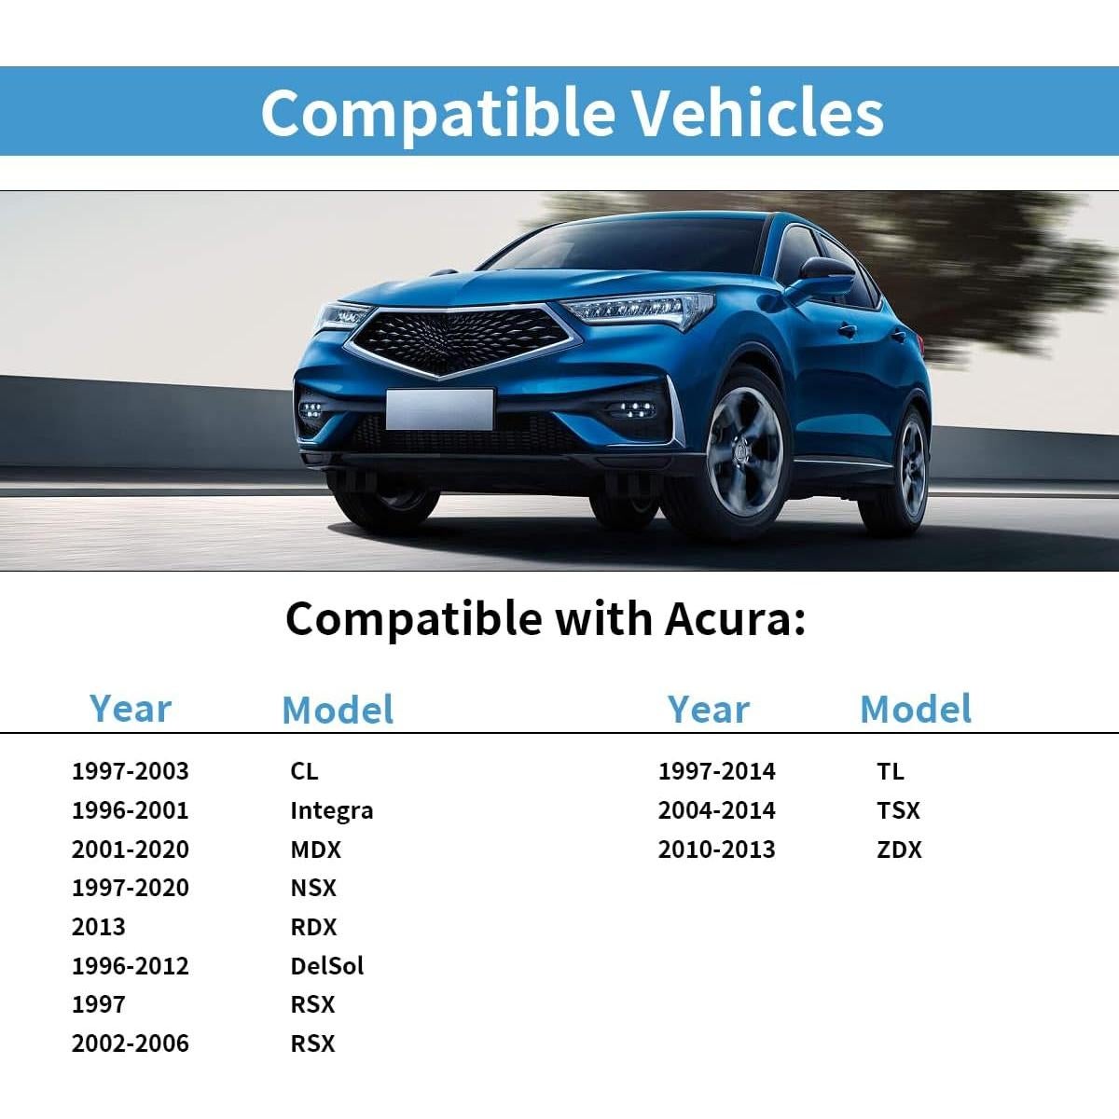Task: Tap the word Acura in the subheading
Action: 734,619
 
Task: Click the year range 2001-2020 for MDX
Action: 130,850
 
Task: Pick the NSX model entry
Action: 313,888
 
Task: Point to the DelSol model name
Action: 327,966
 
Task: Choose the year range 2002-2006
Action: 130,1043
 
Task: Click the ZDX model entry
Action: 899,850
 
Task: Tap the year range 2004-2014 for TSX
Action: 716,810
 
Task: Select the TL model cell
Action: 891,772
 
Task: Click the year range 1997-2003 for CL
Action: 130,772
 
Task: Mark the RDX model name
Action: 313,927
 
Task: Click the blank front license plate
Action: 439,409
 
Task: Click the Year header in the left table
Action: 130,709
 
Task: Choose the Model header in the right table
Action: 915,709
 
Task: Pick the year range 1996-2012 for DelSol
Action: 130,966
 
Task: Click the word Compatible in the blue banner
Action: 437,114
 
